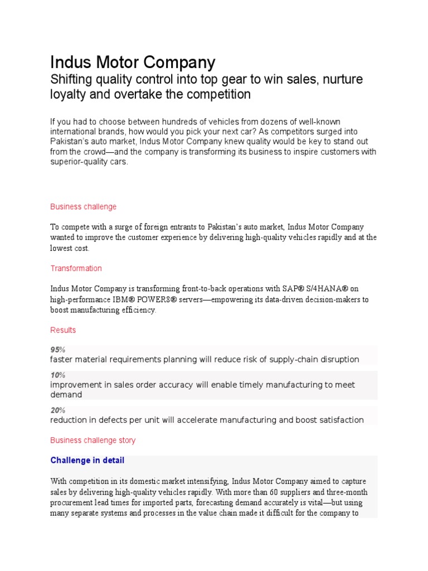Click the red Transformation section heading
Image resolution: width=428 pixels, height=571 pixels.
pos(76,268)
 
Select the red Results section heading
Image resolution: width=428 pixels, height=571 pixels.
pos(63,330)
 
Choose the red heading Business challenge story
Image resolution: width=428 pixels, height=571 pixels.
pos(93,440)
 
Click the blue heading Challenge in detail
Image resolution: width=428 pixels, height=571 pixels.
pos(87,460)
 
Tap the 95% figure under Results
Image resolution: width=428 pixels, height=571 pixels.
pos(57,350)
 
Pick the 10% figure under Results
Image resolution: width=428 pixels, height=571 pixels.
pos(57,375)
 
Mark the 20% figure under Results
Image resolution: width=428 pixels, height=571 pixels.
pos(57,410)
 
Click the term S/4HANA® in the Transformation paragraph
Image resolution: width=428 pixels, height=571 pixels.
pos(328,288)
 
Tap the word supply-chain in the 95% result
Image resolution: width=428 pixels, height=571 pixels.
pos(294,360)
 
